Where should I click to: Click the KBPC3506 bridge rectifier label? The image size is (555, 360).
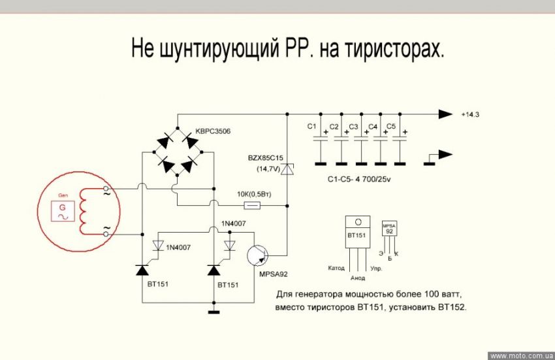pos(214,133)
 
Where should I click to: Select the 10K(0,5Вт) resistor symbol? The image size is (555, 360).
pos(251,206)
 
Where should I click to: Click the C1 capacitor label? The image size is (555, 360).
pos(311,125)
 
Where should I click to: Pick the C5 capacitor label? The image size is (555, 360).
pos(392,125)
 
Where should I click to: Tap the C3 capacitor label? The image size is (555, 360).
pos(353,125)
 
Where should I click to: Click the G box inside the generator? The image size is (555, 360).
pos(63,210)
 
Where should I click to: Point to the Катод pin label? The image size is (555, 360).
pos(336,269)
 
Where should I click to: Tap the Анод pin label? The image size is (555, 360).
pos(358,278)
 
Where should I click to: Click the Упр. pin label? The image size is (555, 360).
pos(377,269)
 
